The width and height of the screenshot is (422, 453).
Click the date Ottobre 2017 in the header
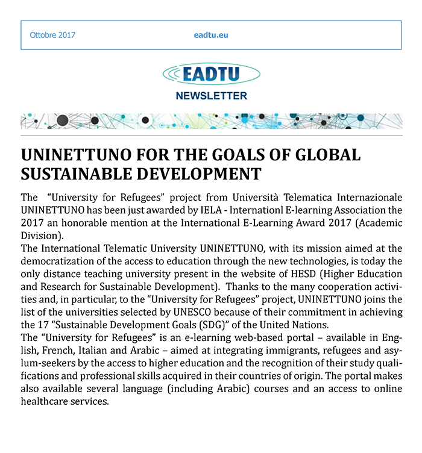tap(52, 35)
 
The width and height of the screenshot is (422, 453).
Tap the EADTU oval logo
tap(211, 74)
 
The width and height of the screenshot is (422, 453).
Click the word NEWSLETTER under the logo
tap(211, 96)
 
